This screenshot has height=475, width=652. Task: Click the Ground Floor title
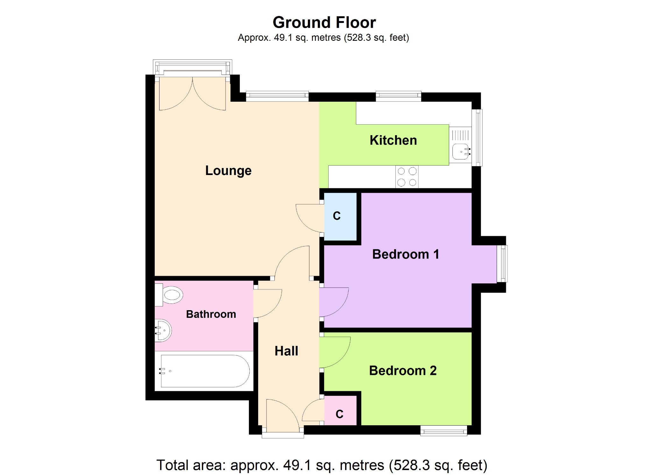[324, 23]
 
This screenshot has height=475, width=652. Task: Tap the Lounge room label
[228, 171]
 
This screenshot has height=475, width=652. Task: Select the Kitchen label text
[393, 140]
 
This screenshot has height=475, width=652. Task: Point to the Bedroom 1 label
[406, 254]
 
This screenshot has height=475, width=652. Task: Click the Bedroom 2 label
[403, 371]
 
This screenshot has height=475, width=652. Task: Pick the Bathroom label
[211, 314]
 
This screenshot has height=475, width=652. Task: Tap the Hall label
[286, 351]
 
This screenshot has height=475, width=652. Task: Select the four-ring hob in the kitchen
[407, 177]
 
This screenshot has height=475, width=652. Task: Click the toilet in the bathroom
[169, 295]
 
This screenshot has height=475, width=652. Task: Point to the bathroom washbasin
[163, 330]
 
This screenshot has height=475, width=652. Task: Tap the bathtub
[205, 371]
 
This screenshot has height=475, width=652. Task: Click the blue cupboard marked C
[340, 216]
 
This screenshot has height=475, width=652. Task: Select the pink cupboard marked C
[340, 411]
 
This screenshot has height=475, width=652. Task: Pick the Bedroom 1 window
[502, 264]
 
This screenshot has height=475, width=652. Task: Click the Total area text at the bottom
[322, 465]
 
